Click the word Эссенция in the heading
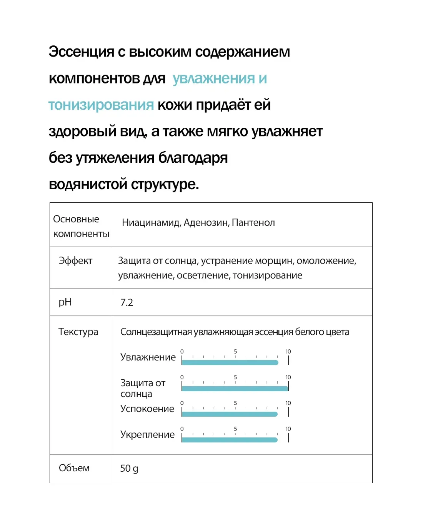[81, 52]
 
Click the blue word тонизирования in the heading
[101, 105]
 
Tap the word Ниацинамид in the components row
[150, 223]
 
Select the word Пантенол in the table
[253, 223]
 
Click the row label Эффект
[75, 261]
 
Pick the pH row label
[65, 302]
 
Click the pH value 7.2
[127, 302]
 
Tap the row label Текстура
[78, 332]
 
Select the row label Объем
[74, 468]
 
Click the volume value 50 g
[129, 468]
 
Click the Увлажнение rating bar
[230, 362]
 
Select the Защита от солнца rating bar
[235, 389]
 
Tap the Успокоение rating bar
[230, 414]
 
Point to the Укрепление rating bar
[230, 440]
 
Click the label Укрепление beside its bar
[147, 435]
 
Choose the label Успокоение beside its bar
[147, 409]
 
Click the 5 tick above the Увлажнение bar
[235, 352]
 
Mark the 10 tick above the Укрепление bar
[288, 429]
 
